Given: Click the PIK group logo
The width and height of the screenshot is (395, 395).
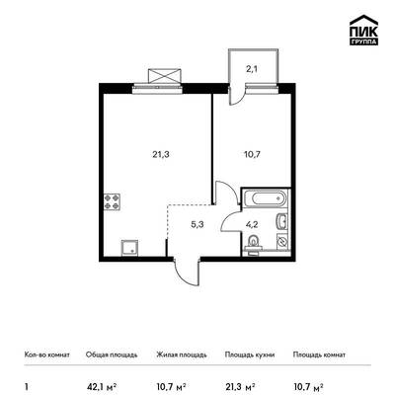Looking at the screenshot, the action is coord(363,31).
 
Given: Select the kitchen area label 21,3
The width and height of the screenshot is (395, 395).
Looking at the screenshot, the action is coord(161,154).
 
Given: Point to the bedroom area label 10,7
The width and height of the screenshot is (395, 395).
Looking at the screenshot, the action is coord(253,154).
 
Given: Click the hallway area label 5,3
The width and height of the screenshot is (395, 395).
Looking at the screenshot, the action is coord(197,225).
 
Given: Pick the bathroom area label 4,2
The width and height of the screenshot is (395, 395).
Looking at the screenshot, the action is coord(251,225).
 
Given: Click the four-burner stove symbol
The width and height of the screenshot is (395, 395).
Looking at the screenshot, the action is coord(112,202).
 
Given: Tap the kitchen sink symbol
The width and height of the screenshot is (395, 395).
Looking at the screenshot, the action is coord(130,248).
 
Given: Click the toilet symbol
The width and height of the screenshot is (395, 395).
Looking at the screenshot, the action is coord(253,243).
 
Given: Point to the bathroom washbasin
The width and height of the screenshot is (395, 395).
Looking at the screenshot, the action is coord(281,221).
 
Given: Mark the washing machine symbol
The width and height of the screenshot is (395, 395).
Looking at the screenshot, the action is coord(282,241).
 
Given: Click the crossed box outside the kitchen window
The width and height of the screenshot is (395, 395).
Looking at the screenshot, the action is coord(165,76).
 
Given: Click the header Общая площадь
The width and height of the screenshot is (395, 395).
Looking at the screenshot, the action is coord(112,355).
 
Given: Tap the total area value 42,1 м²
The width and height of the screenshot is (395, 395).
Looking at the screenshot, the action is coord(102,386).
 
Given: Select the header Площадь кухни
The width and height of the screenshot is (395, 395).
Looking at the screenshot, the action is coord(250,355).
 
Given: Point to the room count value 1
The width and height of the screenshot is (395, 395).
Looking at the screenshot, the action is coord(26,386).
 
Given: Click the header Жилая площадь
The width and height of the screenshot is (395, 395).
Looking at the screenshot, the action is coord(182,355).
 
